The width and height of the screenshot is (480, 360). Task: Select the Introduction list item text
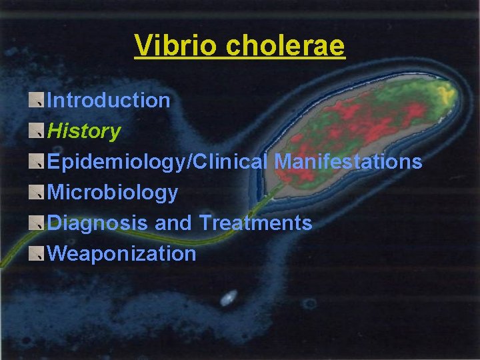[x=109, y=101]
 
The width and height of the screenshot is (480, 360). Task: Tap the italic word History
[x=84, y=131]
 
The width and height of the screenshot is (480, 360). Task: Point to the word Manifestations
[x=349, y=162]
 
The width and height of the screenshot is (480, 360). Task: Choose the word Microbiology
[x=113, y=193]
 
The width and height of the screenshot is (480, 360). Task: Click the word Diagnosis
[x=99, y=223]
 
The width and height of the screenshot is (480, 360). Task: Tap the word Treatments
[x=255, y=223]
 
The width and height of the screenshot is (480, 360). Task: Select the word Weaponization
[x=122, y=253]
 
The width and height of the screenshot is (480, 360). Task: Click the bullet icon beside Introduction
[x=37, y=100]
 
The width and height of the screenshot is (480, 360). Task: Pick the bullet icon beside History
[x=37, y=131]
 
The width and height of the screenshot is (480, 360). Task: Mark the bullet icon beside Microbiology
[x=37, y=192]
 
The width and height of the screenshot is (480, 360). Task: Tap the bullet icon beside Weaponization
[x=37, y=253]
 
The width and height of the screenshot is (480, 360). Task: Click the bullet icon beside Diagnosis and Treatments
[x=37, y=222]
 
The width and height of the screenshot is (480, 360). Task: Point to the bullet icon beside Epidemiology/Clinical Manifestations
[x=37, y=161]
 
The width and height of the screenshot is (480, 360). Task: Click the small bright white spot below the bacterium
[x=229, y=297]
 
